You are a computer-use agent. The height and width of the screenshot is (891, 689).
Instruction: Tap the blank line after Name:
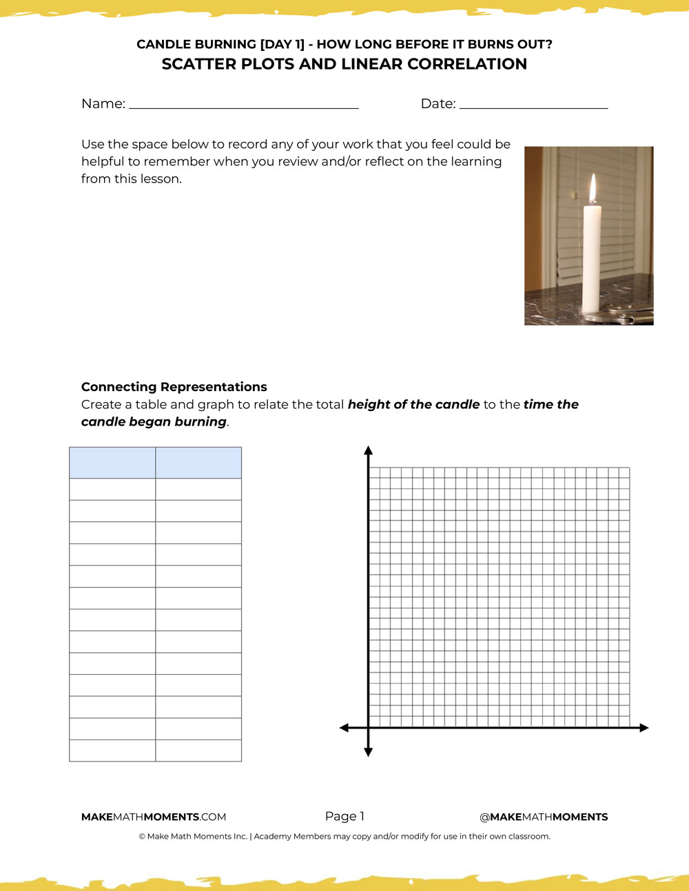(243, 105)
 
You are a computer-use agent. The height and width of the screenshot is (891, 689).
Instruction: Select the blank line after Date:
(533, 105)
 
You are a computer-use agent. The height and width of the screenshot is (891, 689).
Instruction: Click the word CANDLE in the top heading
(162, 44)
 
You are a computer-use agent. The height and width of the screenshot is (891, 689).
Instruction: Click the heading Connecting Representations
(174, 387)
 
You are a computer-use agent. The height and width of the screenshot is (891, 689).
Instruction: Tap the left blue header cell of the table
(112, 463)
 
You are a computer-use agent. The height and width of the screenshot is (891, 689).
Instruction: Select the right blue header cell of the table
(198, 463)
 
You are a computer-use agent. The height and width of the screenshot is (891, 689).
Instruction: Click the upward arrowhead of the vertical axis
(369, 451)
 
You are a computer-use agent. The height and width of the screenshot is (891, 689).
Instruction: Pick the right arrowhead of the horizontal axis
(644, 728)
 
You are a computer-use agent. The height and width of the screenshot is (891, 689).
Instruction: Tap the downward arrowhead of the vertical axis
(369, 752)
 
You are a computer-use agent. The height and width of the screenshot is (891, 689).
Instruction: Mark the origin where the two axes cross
(369, 728)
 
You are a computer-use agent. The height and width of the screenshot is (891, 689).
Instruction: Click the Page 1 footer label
(344, 817)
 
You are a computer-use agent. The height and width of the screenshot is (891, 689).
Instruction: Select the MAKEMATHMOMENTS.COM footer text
(154, 817)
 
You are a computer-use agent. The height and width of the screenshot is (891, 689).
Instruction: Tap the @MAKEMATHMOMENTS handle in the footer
(544, 817)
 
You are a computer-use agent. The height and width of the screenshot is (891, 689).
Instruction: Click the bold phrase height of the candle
(413, 405)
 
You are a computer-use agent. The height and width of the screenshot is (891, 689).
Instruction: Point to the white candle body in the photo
(592, 262)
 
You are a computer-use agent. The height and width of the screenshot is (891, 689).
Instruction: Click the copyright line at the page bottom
(344, 837)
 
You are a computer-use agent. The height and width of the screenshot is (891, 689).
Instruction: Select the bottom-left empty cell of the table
(112, 751)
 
